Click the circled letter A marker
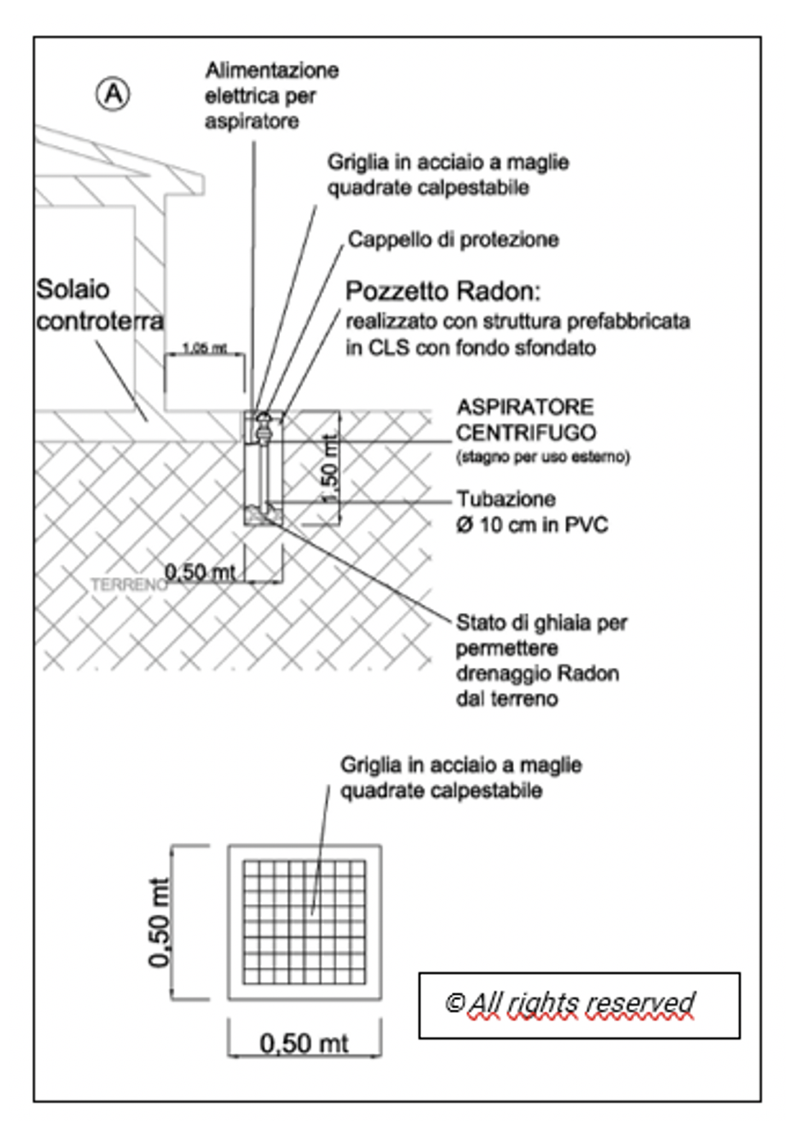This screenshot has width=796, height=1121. [113, 94]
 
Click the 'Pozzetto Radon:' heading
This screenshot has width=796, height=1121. [442, 292]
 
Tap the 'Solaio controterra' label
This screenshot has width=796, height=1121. [99, 305]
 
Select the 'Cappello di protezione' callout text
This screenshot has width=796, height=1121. [453, 240]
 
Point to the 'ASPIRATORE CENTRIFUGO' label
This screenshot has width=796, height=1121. [525, 420]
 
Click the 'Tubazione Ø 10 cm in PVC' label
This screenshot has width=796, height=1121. [531, 512]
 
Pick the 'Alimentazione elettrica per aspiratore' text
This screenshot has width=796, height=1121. [271, 96]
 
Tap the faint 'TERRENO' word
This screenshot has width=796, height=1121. [128, 585]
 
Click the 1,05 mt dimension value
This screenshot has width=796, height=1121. [204, 349]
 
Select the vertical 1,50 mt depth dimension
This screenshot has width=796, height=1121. [329, 468]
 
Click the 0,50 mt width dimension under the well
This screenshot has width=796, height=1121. [199, 573]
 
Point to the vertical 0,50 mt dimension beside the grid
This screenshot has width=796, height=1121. [160, 923]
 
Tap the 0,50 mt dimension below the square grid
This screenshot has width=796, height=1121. [304, 1042]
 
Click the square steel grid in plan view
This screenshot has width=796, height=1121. [304, 923]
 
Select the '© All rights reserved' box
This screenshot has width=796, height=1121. [579, 1005]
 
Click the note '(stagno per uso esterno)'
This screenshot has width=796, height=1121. [543, 457]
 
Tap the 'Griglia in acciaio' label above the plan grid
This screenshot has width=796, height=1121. [461, 777]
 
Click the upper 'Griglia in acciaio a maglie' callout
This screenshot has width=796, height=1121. [448, 174]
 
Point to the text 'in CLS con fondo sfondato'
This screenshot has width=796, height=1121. [471, 348]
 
